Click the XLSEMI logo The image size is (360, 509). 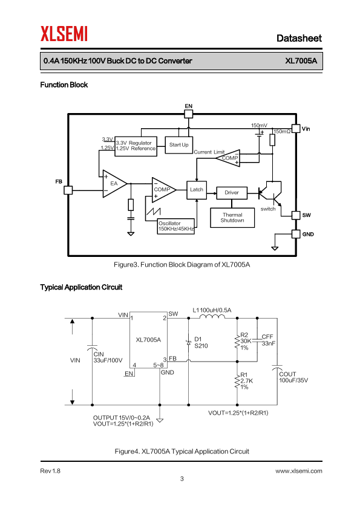coord(64,34)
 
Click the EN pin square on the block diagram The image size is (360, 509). coord(188,114)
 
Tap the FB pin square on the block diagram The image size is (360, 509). coord(68,190)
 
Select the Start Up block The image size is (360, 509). coord(178,144)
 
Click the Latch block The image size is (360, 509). coord(197,190)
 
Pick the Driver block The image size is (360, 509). coord(232,192)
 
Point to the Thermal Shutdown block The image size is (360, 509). coord(232,218)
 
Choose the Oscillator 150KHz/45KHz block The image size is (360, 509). coord(176,226)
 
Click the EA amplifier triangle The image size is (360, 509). coord(114,184)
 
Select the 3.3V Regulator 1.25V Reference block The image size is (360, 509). coord(136,146)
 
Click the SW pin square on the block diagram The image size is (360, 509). coord(296,215)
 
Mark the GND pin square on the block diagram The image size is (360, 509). coord(296,234)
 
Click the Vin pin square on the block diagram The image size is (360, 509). coord(296,129)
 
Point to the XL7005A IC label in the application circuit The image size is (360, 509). coord(148,340)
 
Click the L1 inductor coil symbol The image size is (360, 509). coord(212,317)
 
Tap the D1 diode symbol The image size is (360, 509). coord(188,343)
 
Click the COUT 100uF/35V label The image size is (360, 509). coord(293,377)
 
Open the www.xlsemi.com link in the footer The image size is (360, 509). coord(299,471)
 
